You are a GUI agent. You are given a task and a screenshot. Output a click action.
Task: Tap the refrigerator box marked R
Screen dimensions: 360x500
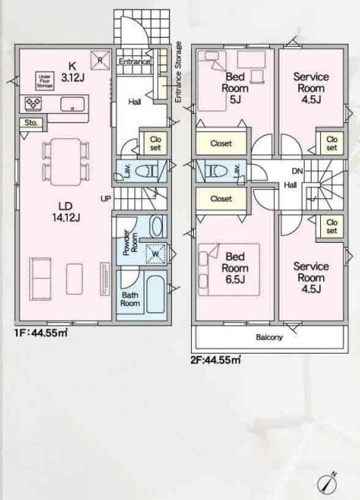[x=100, y=60]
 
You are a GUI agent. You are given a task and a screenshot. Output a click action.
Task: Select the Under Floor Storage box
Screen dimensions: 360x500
[x=45, y=81]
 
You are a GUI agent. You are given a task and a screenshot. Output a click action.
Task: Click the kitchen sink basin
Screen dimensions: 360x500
[x=72, y=104]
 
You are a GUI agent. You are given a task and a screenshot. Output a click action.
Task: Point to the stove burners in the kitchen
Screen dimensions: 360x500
[x=33, y=103]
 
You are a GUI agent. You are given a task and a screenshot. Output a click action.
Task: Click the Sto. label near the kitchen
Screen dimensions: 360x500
[x=31, y=122]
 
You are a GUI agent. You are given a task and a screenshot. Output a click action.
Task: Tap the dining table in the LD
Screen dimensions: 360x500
[x=66, y=161]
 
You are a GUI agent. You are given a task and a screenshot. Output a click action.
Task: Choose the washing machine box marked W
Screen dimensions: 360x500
[x=155, y=254]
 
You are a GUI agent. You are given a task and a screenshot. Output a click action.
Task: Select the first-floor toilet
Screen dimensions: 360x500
[x=147, y=171]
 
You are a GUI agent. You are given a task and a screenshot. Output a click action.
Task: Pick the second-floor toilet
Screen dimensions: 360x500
[x=216, y=171]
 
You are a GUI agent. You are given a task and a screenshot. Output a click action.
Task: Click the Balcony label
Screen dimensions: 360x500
[x=269, y=337]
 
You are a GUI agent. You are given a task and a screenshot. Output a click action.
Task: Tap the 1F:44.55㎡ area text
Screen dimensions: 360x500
[x=41, y=333]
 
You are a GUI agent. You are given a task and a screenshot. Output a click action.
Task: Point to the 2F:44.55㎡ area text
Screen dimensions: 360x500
[x=215, y=360]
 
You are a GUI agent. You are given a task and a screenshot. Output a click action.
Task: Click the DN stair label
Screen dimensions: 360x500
[x=297, y=171]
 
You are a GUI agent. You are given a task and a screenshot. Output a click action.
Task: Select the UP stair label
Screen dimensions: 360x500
[x=106, y=198]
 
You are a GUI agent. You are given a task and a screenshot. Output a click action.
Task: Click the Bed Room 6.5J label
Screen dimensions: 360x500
[x=235, y=268]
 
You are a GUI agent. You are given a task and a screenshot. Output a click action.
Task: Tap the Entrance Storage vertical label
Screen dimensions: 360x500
[x=178, y=72]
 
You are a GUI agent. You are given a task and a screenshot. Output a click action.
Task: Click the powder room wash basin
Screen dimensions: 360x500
[x=156, y=226]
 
